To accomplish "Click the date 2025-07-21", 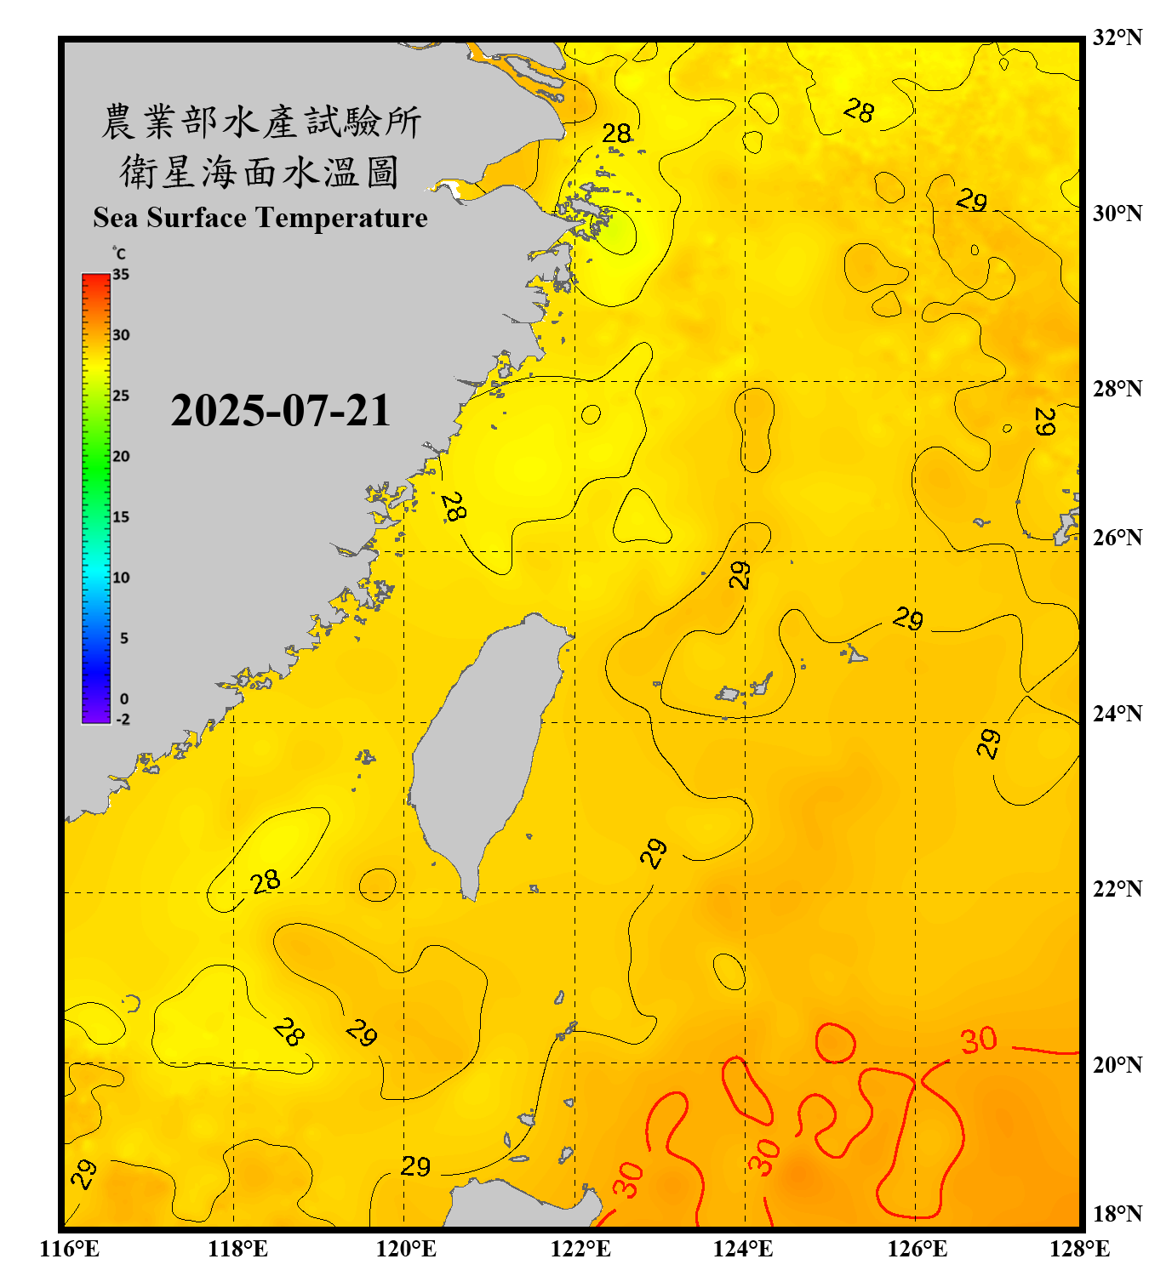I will (280, 411).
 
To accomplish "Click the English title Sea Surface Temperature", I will (260, 218).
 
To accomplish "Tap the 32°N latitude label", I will (1117, 37).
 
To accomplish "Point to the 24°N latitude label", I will (1117, 713).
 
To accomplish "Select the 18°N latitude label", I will (1117, 1213).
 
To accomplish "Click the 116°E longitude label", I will (69, 1249).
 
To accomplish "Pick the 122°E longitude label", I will (580, 1249).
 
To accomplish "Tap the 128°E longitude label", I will (1079, 1249).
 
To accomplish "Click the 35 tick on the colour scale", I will (121, 275).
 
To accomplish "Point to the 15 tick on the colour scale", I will (121, 517).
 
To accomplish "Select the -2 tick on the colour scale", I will (123, 720).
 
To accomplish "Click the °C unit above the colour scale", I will (119, 253).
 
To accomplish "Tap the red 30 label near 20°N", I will (979, 1040).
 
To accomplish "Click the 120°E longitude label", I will (406, 1249).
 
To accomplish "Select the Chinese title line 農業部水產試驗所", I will (261, 122).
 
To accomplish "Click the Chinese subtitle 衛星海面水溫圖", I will (260, 172).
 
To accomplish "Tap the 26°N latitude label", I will (1117, 538).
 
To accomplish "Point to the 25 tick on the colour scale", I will (121, 396).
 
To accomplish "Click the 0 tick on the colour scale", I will (124, 699).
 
